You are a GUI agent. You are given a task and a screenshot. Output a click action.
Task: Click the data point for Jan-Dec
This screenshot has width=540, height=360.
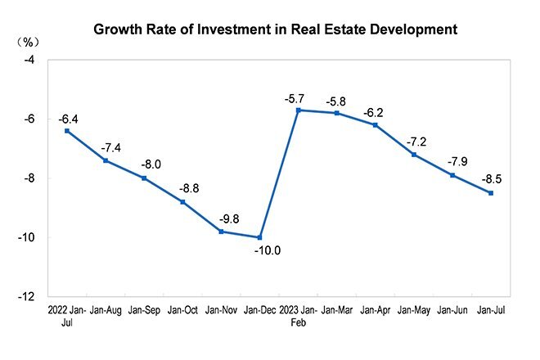pos(260,237)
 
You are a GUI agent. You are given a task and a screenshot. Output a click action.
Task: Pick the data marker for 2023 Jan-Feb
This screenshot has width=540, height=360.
pos(298,110)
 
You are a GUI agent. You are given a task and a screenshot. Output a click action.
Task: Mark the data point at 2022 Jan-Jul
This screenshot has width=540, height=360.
pos(66,131)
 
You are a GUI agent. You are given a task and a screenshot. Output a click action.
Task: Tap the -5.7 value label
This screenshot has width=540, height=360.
pos(295,97)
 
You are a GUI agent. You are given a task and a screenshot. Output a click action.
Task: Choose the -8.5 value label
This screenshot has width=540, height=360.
pos(489,180)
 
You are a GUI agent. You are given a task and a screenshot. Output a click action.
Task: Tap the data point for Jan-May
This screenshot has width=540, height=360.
pos(414,155)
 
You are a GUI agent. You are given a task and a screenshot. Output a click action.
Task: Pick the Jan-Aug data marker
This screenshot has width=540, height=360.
pos(106,160)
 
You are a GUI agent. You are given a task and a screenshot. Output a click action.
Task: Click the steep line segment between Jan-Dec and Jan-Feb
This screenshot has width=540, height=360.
pos(279,173)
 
